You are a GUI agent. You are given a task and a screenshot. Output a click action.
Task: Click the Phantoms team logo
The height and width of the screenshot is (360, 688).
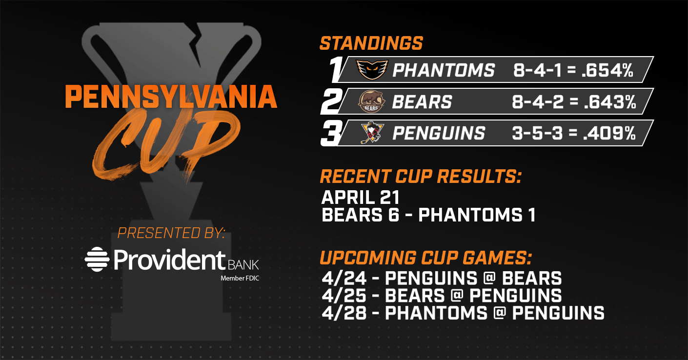(x=372, y=70)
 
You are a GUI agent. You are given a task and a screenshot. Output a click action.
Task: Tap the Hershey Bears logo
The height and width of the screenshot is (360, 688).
(x=372, y=101)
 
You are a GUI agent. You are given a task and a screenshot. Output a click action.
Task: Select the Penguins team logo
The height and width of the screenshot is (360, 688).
(x=372, y=133)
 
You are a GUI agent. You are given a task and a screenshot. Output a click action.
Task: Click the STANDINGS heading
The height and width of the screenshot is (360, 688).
(x=371, y=43)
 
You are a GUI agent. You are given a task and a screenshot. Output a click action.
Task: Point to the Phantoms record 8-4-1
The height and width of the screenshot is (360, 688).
(x=537, y=70)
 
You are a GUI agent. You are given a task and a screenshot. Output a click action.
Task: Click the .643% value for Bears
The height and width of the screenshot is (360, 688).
(x=609, y=101)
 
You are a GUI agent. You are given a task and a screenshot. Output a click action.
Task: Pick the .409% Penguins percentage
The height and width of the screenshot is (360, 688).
(x=609, y=133)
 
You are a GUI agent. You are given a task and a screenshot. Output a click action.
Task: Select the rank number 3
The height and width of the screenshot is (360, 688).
(x=331, y=133)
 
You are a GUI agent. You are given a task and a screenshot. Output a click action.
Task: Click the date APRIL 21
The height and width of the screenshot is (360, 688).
(x=360, y=197)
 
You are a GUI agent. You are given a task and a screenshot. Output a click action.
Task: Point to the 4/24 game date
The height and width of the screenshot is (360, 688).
(x=344, y=279)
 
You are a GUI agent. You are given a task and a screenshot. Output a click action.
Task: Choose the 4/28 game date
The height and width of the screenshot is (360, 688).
(x=344, y=313)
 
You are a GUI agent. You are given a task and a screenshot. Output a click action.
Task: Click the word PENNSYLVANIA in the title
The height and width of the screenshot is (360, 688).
(x=171, y=97)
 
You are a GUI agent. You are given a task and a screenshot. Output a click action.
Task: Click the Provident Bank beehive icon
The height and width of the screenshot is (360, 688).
(x=97, y=259)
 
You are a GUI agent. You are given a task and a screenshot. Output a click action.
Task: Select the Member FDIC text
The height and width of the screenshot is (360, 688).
(x=240, y=279)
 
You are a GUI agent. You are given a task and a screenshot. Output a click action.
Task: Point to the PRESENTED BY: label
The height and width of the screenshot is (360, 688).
(x=171, y=233)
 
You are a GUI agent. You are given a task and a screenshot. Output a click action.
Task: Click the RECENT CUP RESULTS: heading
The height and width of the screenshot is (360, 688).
(x=421, y=176)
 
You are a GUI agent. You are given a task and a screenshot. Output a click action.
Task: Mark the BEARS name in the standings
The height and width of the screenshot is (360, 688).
(x=422, y=101)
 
